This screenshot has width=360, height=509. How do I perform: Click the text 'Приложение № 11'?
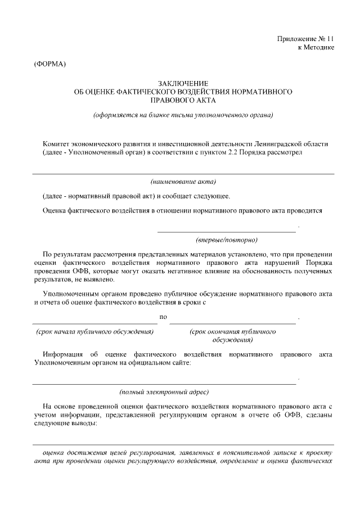[x=305, y=39]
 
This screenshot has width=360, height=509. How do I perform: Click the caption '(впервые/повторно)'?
[x=227, y=240]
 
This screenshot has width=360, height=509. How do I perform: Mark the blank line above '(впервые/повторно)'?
[x=226, y=231]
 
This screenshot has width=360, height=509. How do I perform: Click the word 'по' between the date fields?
[x=164, y=317]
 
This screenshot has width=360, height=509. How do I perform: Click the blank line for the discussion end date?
[x=232, y=323]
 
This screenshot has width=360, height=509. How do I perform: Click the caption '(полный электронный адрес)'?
[x=164, y=391]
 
